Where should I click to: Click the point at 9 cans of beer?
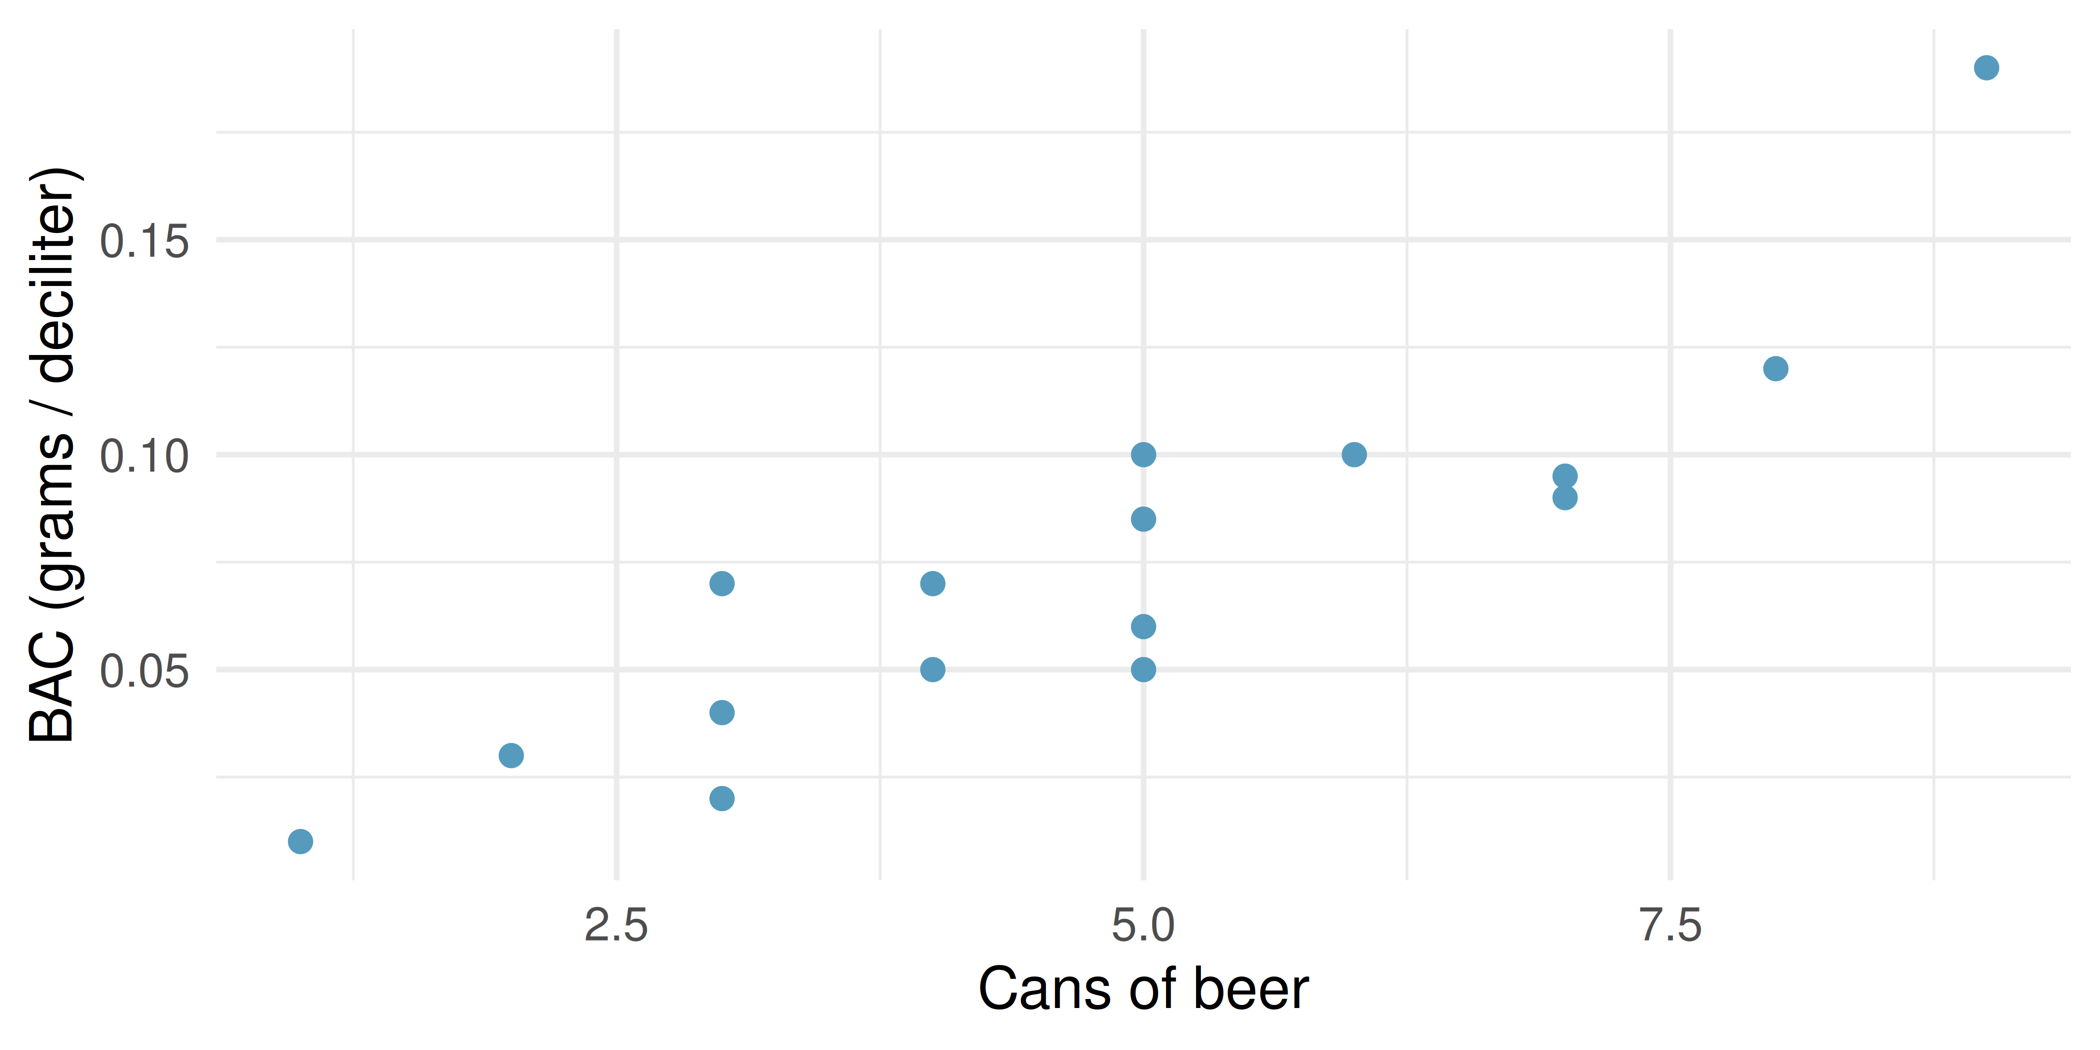pos(1986,67)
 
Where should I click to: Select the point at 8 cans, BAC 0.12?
pos(1775,368)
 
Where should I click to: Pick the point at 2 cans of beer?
pos(511,755)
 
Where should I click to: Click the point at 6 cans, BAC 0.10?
pos(1354,455)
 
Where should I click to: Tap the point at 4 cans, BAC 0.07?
pos(932,583)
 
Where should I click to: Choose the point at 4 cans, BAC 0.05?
pos(932,669)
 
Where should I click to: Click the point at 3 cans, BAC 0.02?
pos(721,798)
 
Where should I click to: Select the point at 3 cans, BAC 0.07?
pos(721,583)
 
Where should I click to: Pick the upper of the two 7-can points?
pos(1564,476)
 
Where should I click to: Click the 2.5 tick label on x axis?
pos(616,926)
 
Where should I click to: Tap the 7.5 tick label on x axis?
pos(1670,926)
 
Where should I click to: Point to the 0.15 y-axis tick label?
pos(144,242)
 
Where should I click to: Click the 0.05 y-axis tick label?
pos(144,671)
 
